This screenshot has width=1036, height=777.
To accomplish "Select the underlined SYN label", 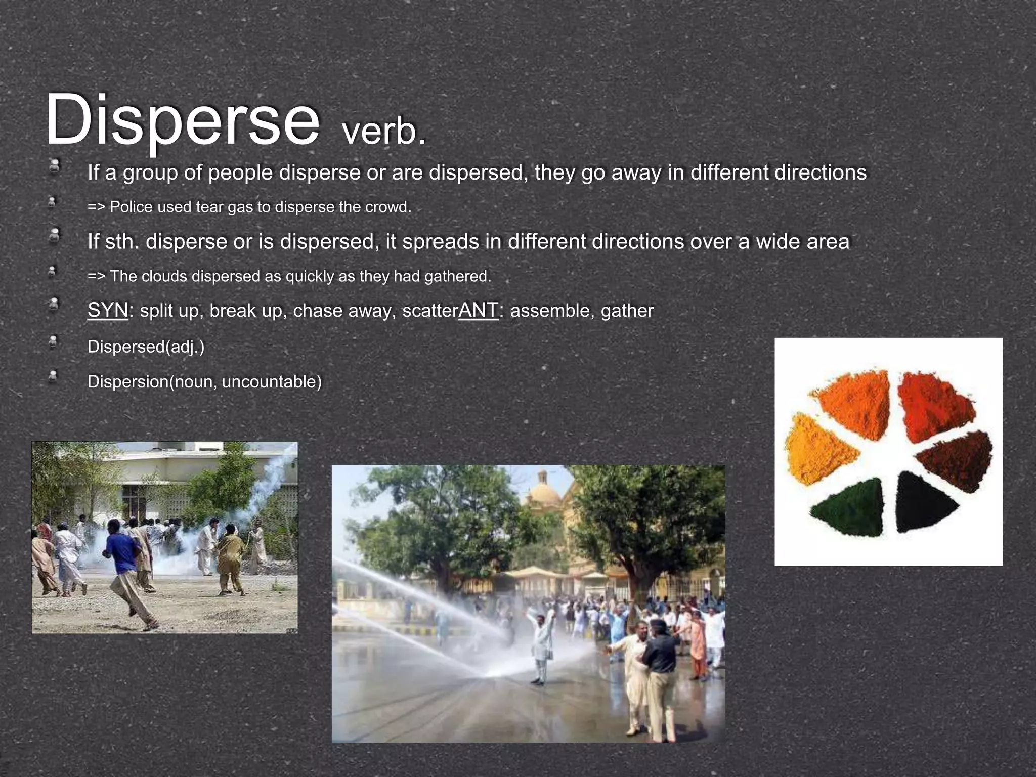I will [x=108, y=310].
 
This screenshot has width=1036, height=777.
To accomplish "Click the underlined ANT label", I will [x=478, y=310].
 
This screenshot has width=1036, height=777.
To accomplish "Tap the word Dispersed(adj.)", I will [x=146, y=347].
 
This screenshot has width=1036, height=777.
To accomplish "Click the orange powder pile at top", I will [x=857, y=400].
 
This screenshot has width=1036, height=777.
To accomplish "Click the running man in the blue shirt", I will [x=124, y=567].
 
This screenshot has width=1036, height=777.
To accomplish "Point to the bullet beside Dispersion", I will [x=53, y=377].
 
